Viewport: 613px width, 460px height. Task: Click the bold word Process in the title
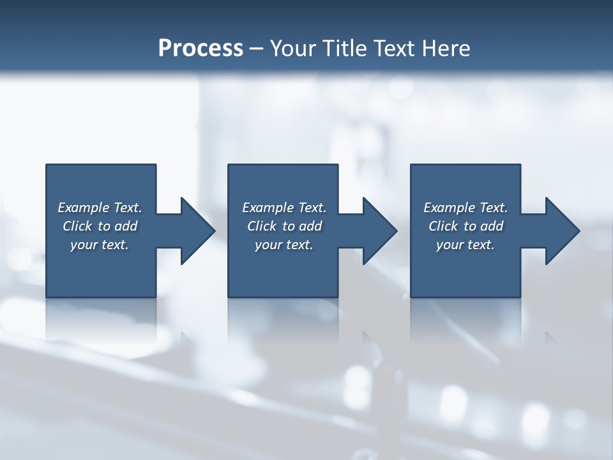201,49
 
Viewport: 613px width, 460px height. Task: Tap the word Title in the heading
345,49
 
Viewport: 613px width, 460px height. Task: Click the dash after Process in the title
256,49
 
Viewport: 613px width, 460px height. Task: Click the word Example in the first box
84,208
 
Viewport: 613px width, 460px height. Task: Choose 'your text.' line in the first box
100,245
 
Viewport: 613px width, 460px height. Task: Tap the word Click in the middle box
262,226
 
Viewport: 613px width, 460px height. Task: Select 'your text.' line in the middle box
284,245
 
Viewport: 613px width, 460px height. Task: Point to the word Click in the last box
443,226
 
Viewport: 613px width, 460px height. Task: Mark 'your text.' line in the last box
465,245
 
